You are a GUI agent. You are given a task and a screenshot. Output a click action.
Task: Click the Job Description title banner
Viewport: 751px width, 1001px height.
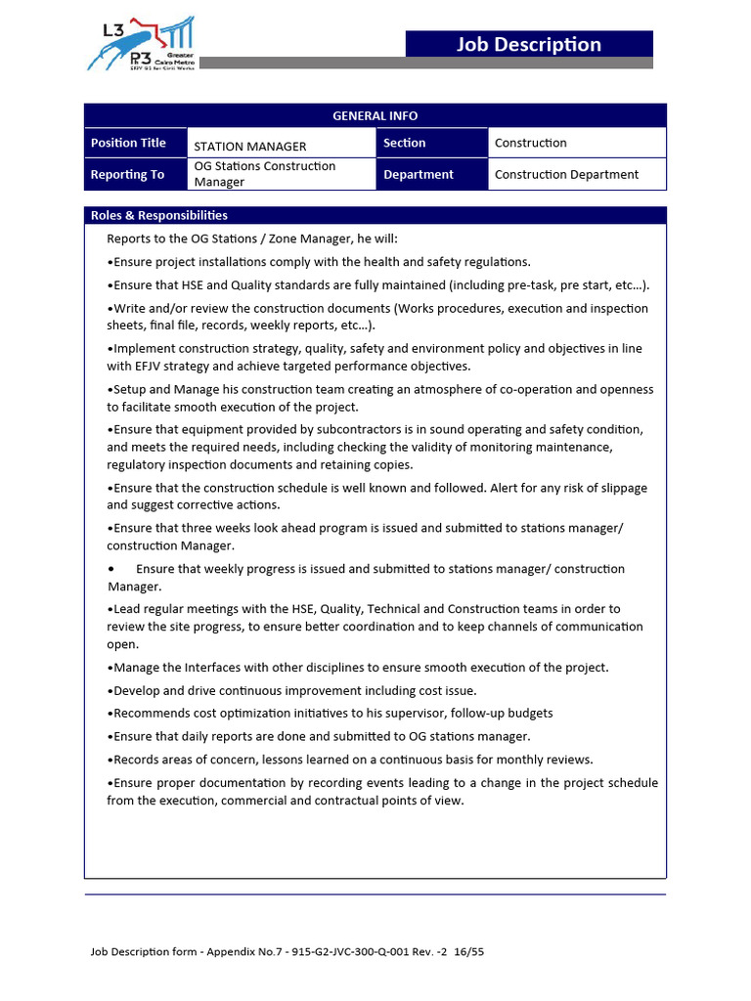[529, 44]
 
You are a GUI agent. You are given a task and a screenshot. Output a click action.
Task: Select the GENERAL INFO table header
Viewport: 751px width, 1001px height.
[375, 115]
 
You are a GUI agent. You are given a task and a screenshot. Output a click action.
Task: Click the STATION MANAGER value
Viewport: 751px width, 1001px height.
[250, 147]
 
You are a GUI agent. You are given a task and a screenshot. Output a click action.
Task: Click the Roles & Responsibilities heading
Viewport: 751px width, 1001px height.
[159, 215]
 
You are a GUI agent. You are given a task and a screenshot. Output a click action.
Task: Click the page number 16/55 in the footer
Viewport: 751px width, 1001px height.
[467, 951]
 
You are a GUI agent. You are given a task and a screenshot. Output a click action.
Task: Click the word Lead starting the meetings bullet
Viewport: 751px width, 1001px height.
[128, 609]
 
